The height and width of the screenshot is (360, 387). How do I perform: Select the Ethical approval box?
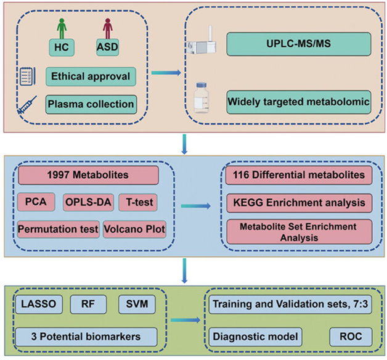[x=90, y=76]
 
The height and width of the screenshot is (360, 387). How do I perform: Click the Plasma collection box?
[x=90, y=104]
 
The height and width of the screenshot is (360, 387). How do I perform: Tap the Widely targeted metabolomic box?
[x=299, y=100]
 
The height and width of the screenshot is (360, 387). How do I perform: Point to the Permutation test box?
[x=59, y=229]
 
